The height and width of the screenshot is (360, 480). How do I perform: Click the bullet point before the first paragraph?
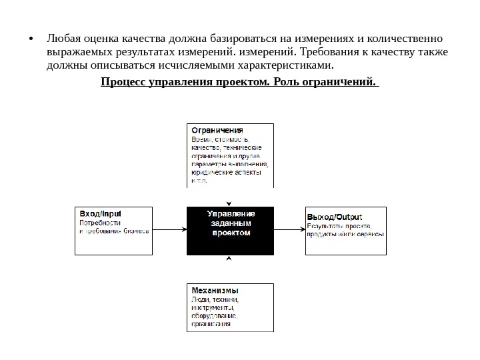32,37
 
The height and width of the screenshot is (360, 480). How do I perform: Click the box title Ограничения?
217,130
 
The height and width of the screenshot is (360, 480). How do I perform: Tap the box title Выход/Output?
334,217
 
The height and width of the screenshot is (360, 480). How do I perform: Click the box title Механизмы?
215,291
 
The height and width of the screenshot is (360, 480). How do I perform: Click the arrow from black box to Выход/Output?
289,229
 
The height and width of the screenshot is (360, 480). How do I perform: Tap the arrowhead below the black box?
229,258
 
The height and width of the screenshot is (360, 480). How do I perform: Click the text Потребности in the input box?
101,223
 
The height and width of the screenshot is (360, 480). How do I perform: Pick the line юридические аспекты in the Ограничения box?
225,172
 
